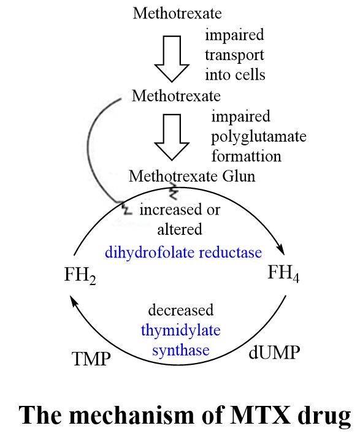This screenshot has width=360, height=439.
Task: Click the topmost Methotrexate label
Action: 177,13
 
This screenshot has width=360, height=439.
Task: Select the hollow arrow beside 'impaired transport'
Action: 172,59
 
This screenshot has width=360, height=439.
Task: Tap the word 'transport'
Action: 234,55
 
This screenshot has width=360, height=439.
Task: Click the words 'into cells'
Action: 235,75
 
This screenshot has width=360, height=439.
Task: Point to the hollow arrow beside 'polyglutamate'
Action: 172,137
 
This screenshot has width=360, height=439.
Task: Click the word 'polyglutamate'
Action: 259,137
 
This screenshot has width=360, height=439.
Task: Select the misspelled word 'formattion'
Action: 247,156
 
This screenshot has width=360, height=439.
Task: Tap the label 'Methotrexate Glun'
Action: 192,177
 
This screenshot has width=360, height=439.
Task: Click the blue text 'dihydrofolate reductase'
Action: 183,252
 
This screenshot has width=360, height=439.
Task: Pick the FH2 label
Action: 80,275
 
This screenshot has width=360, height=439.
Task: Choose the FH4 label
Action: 283,273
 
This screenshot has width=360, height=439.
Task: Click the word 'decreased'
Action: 181,310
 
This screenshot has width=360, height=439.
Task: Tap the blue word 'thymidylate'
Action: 181,330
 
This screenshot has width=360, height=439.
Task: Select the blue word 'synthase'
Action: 181,350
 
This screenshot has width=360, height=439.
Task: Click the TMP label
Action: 91,359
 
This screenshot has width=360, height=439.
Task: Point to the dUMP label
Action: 274,353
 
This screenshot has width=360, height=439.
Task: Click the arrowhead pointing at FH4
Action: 281,250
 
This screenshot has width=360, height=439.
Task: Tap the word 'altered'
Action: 180,229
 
